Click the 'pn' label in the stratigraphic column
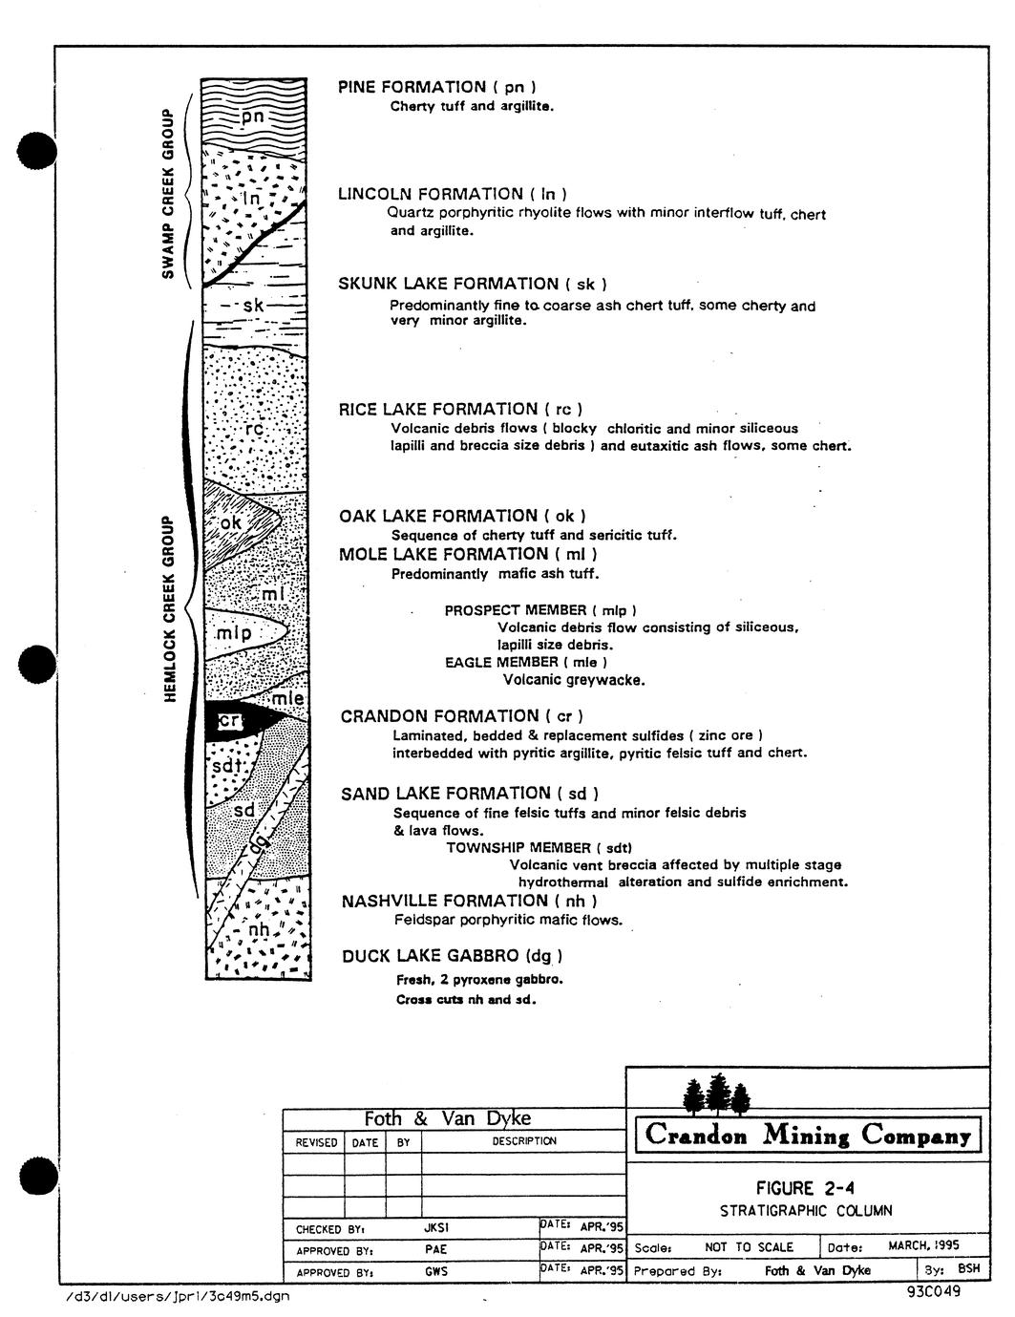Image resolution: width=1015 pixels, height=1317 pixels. coord(253,116)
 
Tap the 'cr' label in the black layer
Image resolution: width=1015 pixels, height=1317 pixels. coord(229,720)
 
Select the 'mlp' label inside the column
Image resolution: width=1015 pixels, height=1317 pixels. coord(234,634)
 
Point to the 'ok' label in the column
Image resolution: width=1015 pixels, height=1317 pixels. coord(230,521)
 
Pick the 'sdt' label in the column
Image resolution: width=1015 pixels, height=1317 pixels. coord(227,767)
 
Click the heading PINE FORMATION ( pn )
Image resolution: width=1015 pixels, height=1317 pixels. coord(437,87)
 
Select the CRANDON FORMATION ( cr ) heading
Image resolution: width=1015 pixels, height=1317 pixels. coord(462,716)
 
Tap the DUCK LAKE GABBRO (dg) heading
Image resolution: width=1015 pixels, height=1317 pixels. coord(452,956)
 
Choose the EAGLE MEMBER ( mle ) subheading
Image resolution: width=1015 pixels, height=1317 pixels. coord(526,662)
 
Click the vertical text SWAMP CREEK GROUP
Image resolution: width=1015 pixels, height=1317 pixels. coord(168,194)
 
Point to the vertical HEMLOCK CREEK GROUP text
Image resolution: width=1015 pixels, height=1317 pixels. coord(169,609)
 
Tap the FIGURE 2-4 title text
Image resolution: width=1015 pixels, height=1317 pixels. coord(805,1187)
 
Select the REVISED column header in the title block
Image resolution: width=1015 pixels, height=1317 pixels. coord(316,1142)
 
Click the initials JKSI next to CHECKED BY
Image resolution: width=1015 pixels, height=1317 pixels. coord(436,1228)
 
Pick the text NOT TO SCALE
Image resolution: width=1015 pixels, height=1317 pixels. coord(749,1247)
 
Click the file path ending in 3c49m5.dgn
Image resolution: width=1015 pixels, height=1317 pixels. coord(177,1296)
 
